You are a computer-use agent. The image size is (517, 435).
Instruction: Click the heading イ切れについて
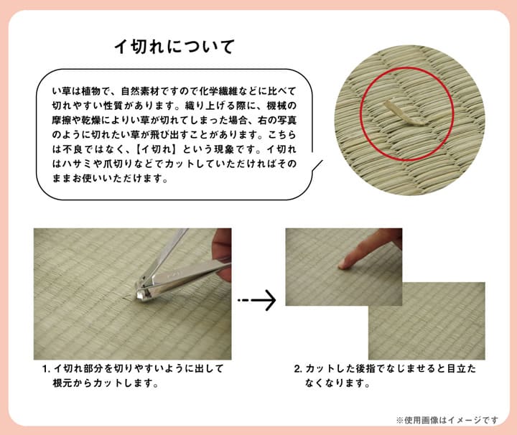[174, 47]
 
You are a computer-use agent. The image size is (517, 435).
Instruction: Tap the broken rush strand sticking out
[393, 113]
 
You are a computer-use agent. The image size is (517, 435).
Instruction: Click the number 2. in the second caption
[297, 369]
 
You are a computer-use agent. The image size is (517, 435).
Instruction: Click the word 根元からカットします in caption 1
[105, 383]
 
